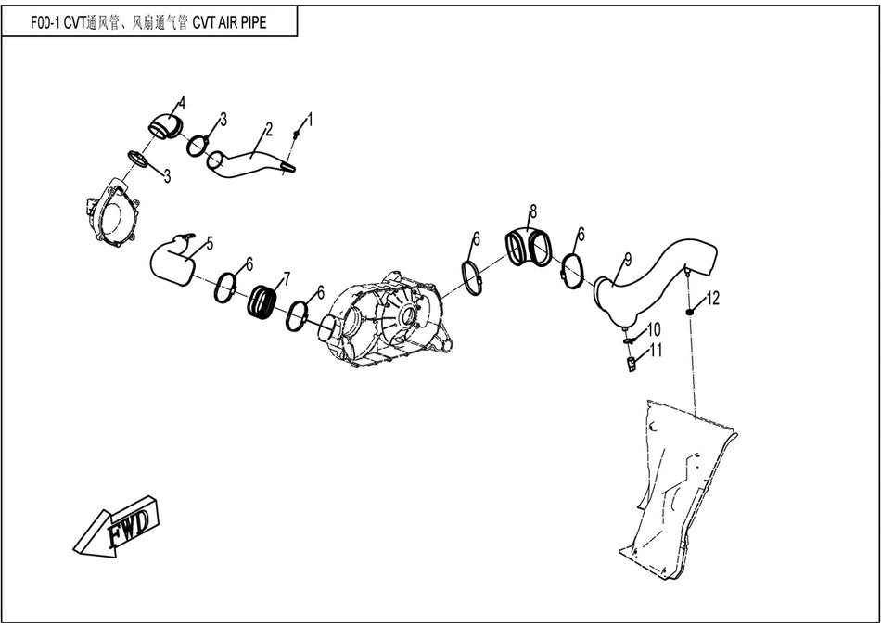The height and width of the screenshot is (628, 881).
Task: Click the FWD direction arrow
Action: [117, 529]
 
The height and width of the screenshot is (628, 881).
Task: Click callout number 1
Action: [310, 120]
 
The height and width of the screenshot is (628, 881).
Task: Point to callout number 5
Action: [210, 243]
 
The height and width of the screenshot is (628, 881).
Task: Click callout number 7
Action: [286, 277]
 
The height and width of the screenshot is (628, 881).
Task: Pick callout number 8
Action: [533, 211]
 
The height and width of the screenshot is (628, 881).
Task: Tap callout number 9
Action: [627, 257]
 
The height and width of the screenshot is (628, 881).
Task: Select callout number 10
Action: [654, 329]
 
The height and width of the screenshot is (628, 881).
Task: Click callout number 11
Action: [656, 350]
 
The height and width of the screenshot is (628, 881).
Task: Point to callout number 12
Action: [713, 298]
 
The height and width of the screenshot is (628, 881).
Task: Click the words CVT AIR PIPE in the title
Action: [229, 23]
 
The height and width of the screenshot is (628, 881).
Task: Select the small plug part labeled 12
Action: [689, 312]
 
